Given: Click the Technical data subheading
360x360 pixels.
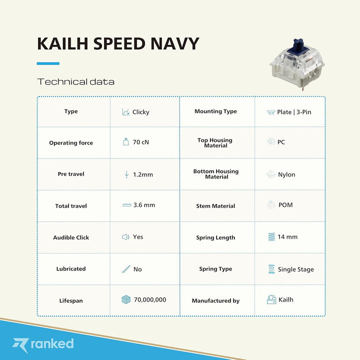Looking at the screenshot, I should (75, 81).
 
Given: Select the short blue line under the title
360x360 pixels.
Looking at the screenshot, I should (48, 63).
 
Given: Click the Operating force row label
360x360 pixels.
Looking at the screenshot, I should (71, 143).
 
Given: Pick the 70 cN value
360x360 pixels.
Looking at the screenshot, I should (141, 142).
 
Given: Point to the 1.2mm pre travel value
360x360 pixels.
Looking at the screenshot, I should (143, 174).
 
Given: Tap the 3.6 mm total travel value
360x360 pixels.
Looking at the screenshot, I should (144, 205).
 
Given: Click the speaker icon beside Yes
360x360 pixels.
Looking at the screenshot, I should (125, 237).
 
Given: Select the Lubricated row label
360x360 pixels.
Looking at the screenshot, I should (71, 269).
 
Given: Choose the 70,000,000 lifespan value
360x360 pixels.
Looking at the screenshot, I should (149, 300).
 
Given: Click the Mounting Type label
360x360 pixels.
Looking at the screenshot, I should (215, 111).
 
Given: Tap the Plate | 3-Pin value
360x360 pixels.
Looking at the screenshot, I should (294, 112).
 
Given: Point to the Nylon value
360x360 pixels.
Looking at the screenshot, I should (286, 175).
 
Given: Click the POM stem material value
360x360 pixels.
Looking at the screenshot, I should (285, 205).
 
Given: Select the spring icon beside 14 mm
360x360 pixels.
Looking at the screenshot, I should (271, 236).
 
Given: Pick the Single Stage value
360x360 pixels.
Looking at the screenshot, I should (296, 269).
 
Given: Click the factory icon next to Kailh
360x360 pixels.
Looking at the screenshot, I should (271, 299).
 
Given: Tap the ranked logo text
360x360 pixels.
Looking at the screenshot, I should (52, 343).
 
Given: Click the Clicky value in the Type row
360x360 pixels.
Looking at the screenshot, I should (141, 112).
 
